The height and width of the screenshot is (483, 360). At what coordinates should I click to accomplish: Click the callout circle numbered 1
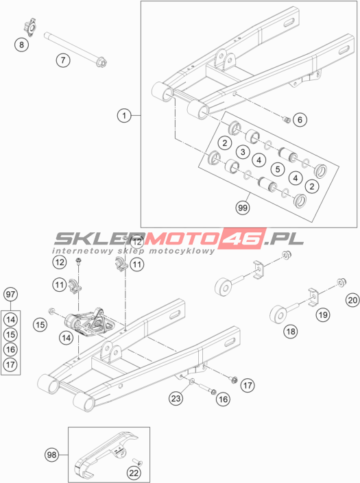pos(124,116)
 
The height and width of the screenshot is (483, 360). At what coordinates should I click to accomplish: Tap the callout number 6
pos(300,119)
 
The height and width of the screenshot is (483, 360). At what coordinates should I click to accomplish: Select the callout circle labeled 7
pos(63,60)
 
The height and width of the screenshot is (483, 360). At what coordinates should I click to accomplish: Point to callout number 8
pos(21,45)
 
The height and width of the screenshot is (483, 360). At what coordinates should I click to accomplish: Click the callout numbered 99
pos(243,208)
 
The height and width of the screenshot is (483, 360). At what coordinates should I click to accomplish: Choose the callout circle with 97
pos(10,294)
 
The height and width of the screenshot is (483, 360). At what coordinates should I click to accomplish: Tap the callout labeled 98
pos(52,455)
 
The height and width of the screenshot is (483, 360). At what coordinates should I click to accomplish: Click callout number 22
pos(134,473)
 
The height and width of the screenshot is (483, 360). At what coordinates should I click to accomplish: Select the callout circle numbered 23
pos(176,398)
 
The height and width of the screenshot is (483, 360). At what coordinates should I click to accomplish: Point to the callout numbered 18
pos(291,331)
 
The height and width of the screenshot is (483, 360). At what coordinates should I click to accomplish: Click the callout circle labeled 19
pos(323,314)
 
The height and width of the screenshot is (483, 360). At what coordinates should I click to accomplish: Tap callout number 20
pos(352,299)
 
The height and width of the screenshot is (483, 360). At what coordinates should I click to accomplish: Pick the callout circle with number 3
pos(243,151)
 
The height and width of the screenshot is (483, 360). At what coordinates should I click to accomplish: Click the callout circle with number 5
pos(278,169)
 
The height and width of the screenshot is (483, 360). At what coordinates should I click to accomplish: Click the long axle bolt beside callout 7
pos(75,49)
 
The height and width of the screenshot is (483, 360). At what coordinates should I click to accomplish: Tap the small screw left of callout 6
pos(287,119)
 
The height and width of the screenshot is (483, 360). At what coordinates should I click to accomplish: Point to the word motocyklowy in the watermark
pos(182,251)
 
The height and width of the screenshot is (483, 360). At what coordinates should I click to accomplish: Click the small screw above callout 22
pos(137,462)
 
